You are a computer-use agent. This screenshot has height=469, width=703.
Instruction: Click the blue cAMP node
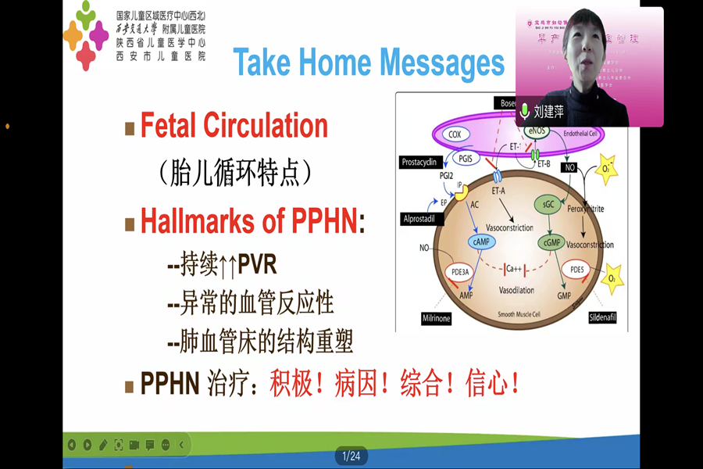[x=480, y=242]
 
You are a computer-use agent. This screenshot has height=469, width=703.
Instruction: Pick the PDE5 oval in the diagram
[x=577, y=270]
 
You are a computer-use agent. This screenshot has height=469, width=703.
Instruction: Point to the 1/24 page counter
[x=351, y=456]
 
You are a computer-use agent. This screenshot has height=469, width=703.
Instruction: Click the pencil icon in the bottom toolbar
[x=103, y=445]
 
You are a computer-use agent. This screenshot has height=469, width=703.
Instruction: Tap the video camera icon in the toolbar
[x=134, y=445]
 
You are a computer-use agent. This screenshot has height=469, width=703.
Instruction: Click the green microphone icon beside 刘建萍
[x=526, y=111]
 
